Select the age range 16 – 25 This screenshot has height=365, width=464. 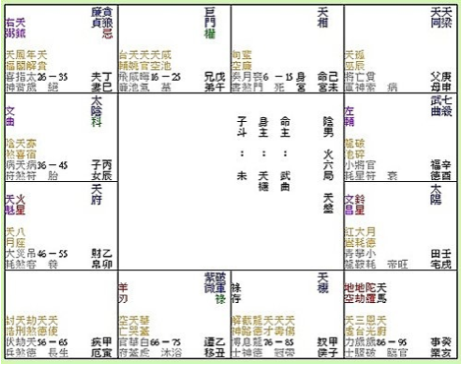tap(166, 75)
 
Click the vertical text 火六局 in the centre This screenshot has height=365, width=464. tap(328, 148)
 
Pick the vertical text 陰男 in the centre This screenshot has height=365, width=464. tap(328, 120)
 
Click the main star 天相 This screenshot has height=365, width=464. tap(323, 15)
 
